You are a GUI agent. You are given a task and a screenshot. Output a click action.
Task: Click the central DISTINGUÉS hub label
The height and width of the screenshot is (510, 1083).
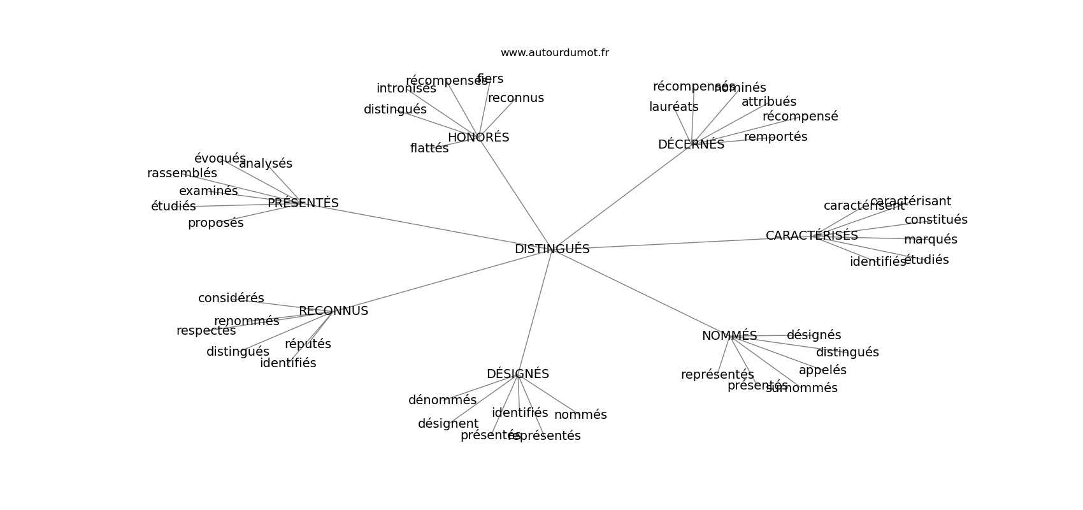(x=552, y=249)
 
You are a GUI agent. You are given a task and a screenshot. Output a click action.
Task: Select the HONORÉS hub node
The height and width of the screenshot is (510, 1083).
(x=478, y=138)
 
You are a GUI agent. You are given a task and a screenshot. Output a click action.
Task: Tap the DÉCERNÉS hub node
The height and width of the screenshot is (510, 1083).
(x=691, y=145)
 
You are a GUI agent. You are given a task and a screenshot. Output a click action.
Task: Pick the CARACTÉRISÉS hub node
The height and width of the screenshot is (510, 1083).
(x=812, y=236)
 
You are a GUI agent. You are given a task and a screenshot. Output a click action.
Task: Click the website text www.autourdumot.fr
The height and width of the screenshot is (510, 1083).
(x=554, y=53)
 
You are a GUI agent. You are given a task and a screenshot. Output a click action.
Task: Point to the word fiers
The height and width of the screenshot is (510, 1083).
(x=490, y=79)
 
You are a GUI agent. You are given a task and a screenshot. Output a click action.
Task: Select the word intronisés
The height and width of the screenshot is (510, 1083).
(x=406, y=89)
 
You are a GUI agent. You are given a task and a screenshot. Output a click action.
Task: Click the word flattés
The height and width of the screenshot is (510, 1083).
(x=429, y=149)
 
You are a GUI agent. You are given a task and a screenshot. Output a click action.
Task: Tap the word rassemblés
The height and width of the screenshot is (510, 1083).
(x=182, y=173)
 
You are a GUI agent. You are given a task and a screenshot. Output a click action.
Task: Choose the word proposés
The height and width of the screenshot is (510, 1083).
(x=215, y=223)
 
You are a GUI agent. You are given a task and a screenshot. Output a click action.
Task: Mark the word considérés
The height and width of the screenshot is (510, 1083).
(x=231, y=298)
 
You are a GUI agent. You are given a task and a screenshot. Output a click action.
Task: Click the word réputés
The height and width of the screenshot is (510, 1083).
(x=308, y=344)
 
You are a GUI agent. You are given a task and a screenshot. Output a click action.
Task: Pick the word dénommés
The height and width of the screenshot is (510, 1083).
(x=442, y=400)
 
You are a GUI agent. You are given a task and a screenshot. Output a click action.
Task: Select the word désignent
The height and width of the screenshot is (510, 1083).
(x=448, y=424)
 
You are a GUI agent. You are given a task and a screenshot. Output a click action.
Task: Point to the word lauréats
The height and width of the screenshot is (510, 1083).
(x=673, y=107)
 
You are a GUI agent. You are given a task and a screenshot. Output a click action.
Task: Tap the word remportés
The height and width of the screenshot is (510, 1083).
(x=775, y=137)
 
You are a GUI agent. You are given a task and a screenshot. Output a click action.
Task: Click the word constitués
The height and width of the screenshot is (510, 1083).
(x=935, y=220)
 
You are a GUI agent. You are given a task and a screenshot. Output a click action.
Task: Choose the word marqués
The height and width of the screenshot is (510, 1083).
(x=930, y=240)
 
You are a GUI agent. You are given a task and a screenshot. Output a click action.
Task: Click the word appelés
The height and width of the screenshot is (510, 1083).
(x=822, y=370)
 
